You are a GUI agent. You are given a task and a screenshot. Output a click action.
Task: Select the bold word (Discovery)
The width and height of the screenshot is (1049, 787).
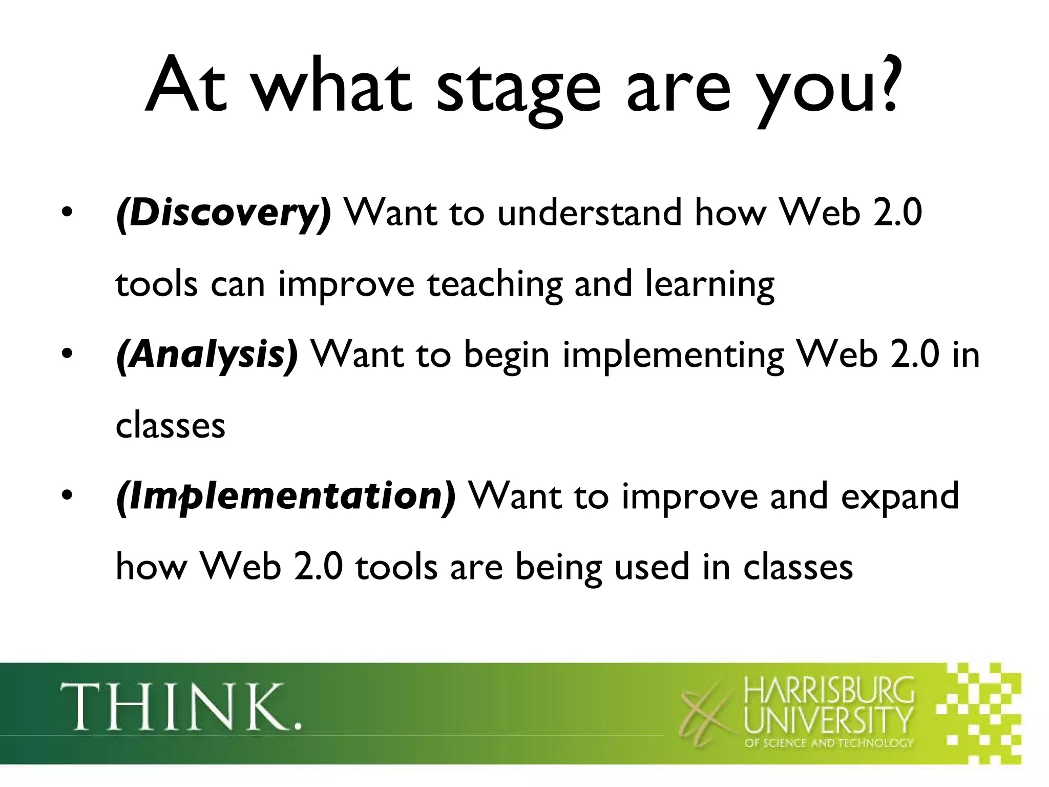(x=224, y=213)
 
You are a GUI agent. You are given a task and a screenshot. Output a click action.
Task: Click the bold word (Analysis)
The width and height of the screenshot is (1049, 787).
(x=206, y=355)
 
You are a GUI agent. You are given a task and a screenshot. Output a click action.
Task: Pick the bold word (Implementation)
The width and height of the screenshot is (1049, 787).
(x=286, y=496)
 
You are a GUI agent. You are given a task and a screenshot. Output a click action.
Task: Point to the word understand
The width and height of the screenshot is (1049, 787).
(x=589, y=213)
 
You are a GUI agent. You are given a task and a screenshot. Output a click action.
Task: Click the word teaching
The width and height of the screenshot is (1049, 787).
(x=494, y=284)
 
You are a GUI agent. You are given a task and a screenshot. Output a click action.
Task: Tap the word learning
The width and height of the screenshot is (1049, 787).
(x=709, y=284)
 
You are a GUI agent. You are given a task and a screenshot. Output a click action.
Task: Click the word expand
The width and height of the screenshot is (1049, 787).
(x=900, y=497)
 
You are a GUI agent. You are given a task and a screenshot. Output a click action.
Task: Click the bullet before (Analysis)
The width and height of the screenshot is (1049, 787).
(x=65, y=356)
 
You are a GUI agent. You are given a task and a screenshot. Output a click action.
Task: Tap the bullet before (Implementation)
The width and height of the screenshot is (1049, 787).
(x=65, y=497)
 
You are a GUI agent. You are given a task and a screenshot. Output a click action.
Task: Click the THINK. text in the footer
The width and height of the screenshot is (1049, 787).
(x=180, y=707)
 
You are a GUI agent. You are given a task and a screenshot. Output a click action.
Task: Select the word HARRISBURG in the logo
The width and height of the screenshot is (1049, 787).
(x=828, y=691)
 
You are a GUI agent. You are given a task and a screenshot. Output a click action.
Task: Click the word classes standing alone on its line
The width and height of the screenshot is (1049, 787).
(x=170, y=426)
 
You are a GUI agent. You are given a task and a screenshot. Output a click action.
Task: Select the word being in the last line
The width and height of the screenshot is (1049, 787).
(x=558, y=568)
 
